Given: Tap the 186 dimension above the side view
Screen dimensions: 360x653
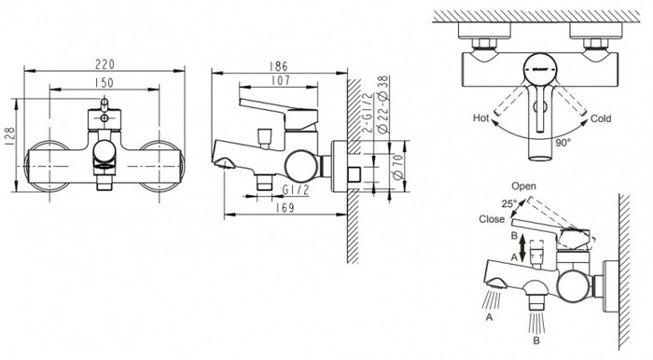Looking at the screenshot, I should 278,65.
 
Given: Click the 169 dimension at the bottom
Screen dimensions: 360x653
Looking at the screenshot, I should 287,207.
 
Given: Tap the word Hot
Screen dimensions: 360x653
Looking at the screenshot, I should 481,119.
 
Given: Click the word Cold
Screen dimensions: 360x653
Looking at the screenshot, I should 602,119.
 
